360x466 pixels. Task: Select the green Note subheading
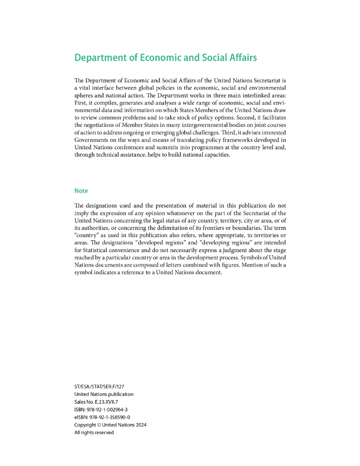[81, 191]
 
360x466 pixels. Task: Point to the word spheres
[85, 94]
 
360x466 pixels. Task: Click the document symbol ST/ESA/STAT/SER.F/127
[99, 386]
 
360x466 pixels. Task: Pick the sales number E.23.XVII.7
[108, 402]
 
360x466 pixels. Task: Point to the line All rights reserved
[94, 432]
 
